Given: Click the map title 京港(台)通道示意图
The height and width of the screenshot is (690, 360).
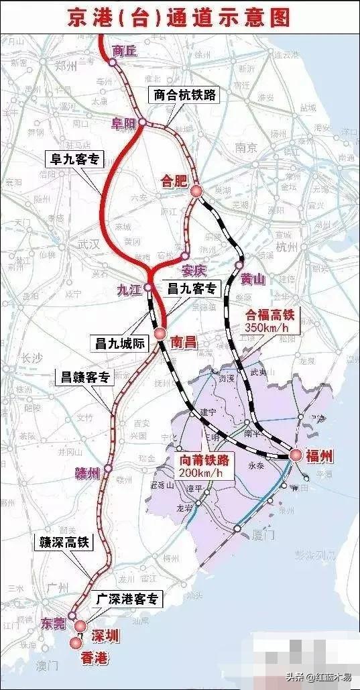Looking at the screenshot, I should [x=180, y=17].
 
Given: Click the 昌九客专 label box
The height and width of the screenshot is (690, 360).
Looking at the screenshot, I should [x=192, y=289].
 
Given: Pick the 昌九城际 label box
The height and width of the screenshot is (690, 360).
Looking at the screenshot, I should [x=117, y=342].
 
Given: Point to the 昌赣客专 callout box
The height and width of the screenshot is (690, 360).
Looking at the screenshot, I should [x=87, y=378].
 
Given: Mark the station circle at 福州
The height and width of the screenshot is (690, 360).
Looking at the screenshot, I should [x=294, y=455].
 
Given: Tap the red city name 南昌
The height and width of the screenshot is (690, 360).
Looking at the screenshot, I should [x=183, y=343].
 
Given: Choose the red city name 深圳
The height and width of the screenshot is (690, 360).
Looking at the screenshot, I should [x=104, y=636].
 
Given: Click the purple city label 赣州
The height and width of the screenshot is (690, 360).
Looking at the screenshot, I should [x=87, y=473].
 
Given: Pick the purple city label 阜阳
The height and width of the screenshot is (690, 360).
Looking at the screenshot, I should [x=125, y=122].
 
